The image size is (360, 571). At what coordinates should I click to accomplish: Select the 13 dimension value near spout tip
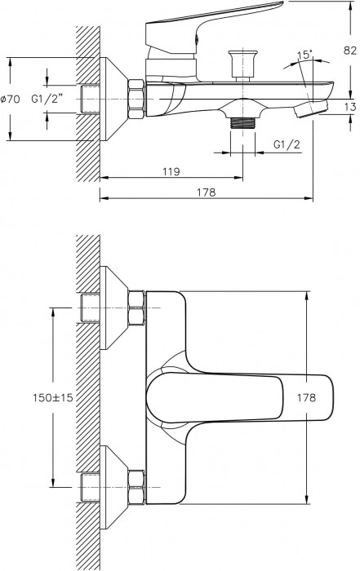point(349,106)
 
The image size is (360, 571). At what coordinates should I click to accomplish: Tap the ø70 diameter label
point(11,99)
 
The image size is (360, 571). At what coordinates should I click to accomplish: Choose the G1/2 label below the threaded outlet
point(285,144)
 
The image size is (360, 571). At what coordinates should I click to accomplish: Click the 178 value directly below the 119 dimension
point(206,193)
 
